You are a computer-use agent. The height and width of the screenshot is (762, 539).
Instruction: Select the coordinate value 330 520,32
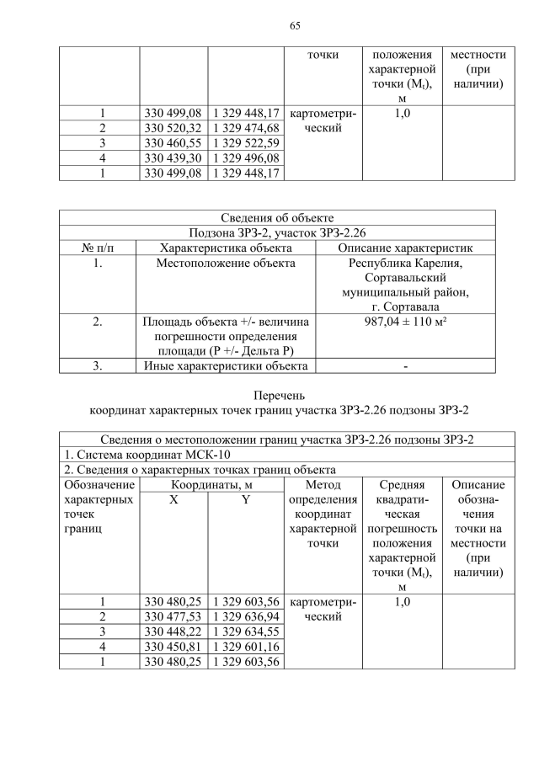pos(173,128)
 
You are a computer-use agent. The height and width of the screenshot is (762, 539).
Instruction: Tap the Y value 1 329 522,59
pos(246,143)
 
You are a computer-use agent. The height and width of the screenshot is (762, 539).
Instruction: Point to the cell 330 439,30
pos(173,158)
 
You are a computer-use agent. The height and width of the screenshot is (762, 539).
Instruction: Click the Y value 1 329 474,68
pos(246,128)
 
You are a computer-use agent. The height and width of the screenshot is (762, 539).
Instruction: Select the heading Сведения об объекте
pos(277,218)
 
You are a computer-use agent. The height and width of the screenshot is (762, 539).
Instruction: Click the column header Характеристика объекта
pos(226,248)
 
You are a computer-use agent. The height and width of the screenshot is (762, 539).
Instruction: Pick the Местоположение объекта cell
pos(226,264)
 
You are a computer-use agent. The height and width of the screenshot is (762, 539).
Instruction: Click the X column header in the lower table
pos(173,499)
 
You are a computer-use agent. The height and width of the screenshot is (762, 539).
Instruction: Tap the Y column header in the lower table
pos(246,499)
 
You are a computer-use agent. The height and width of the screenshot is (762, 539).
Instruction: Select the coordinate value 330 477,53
pos(173,617)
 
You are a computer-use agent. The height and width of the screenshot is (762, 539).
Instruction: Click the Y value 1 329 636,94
pos(246,617)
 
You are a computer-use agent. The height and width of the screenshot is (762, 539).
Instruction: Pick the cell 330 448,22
pos(173,632)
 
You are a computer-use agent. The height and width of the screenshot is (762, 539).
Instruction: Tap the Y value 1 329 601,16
pos(246,647)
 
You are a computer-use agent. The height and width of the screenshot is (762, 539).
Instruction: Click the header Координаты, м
pos(210,485)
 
